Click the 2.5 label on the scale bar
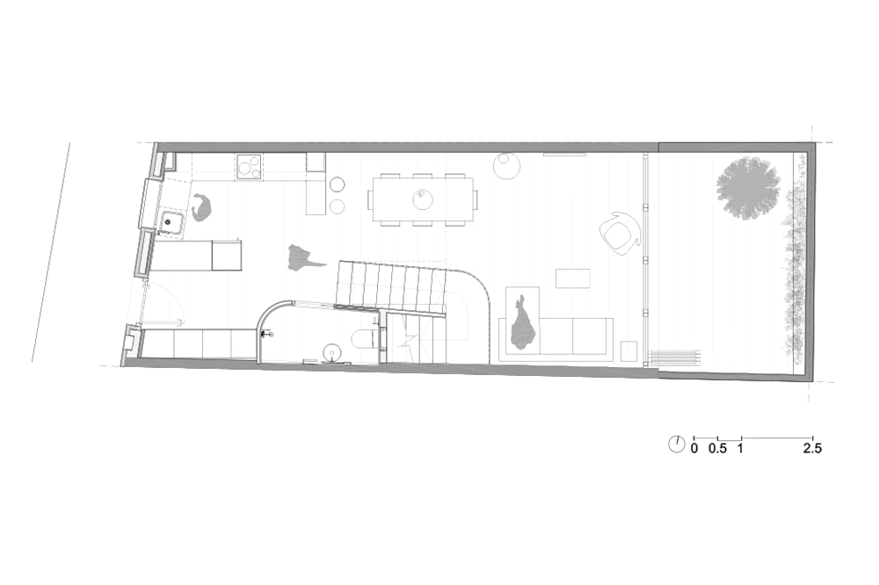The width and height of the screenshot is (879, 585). [812, 448]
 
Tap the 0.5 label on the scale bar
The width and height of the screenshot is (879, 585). [717, 448]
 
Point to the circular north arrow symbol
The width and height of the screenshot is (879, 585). [677, 444]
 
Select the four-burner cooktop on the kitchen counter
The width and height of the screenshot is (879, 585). [250, 166]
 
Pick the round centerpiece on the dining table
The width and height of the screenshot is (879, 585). [423, 199]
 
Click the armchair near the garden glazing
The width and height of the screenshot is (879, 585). [620, 234]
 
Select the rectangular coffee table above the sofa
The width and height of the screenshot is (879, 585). [572, 278]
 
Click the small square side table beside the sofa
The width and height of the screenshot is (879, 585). [629, 351]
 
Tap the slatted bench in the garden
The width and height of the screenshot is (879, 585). [674, 357]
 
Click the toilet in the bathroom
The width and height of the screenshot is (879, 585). [366, 338]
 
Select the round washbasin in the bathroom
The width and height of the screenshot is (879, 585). [332, 352]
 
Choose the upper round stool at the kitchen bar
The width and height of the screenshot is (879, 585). [338, 184]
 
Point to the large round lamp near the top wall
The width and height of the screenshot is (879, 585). [507, 166]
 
